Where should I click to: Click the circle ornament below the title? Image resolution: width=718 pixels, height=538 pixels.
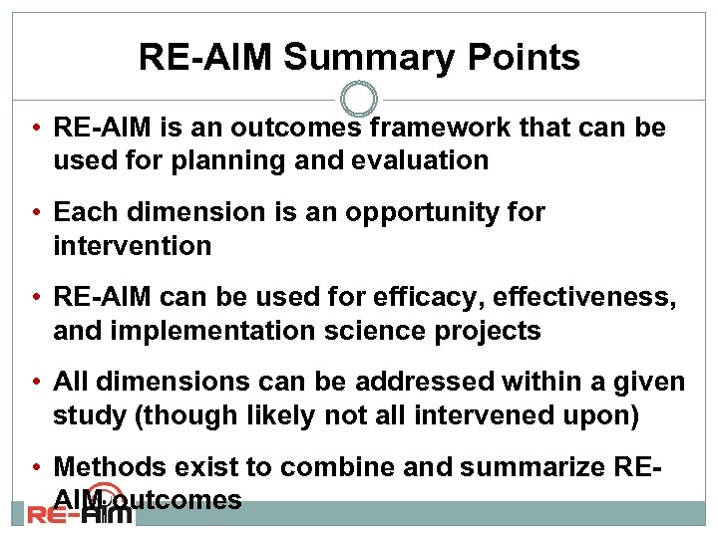[x=359, y=100]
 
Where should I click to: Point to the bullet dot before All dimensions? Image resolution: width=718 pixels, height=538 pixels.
[x=35, y=383]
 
